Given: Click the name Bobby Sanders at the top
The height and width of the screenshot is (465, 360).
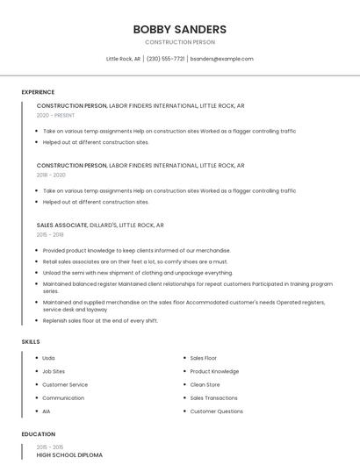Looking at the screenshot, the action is point(179,29).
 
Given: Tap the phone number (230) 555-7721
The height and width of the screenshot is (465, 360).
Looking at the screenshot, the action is point(166,59).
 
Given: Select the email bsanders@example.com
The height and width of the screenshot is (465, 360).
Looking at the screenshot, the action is point(221,59).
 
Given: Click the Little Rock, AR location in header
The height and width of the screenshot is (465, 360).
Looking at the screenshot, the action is point(123,59).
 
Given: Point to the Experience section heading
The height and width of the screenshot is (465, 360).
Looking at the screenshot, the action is point(38,92).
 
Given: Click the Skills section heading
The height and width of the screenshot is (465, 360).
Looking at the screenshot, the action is point(31,341).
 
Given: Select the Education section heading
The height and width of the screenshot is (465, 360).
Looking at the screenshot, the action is point(39,434).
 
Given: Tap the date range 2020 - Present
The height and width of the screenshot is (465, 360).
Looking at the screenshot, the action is point(55,115).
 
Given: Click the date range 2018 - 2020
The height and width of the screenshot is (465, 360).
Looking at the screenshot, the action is point(51,175).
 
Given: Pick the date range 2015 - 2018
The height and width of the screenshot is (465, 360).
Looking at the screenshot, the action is point(50,234).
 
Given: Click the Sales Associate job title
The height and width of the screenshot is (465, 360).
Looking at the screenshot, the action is point(61,225).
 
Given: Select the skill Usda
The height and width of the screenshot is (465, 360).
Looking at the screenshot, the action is point(48,358).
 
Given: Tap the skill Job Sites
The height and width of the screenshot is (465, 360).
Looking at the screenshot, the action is point(54,371).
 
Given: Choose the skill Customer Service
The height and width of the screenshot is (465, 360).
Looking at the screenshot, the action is point(65,384).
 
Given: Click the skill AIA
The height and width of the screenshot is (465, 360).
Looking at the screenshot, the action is point(47,411).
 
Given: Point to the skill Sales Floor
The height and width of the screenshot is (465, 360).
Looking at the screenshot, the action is point(203,358).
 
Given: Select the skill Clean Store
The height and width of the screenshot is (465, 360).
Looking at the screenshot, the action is point(205,384).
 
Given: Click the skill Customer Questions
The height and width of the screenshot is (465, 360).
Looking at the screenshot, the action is point(216,411).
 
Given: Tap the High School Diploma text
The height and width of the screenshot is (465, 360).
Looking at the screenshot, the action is point(69,455).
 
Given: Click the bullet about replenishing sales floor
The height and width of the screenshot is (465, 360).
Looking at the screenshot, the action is point(100,320).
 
